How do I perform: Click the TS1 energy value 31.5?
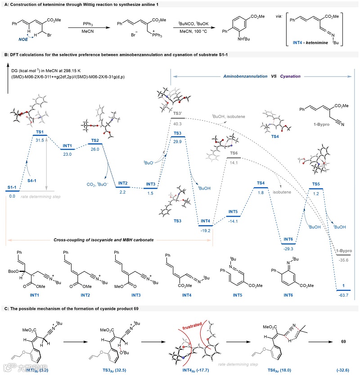tap(40, 140)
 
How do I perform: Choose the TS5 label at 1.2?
tap(316, 183)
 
